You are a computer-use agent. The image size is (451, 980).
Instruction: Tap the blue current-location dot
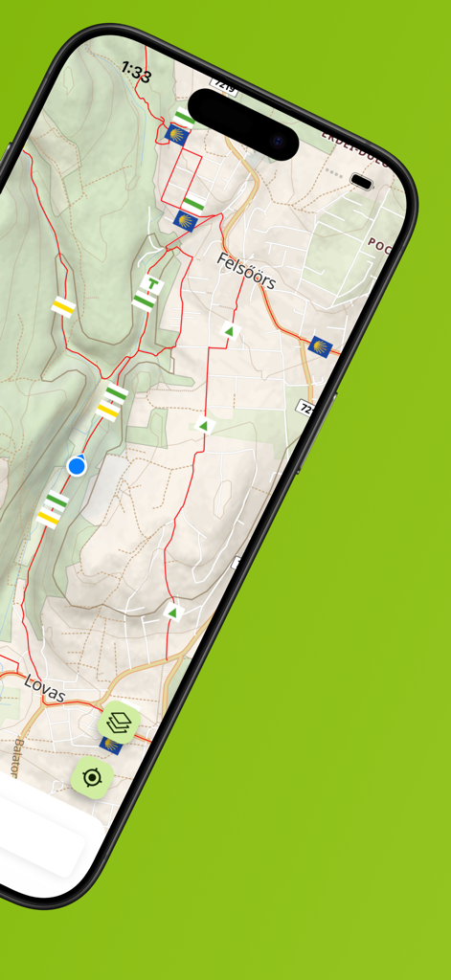point(77,466)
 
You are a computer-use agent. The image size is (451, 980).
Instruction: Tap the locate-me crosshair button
point(92,777)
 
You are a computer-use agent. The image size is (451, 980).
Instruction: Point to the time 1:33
point(136,72)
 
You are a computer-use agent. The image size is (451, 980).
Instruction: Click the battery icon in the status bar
point(361,181)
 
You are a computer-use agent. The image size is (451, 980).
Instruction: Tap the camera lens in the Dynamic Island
point(279,144)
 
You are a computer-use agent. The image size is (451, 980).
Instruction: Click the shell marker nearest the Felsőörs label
point(186,222)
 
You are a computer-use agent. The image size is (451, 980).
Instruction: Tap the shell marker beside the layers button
point(112,745)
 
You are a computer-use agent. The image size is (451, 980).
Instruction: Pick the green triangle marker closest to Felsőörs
point(229,331)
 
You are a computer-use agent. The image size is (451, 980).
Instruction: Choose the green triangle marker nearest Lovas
point(173,612)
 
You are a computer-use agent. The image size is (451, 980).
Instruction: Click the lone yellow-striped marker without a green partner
point(63,306)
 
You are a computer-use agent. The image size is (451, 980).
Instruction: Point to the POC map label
point(379,243)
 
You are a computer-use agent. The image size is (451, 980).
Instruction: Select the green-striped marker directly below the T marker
point(144,301)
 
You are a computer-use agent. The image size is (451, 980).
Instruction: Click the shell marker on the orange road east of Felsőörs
point(320,345)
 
